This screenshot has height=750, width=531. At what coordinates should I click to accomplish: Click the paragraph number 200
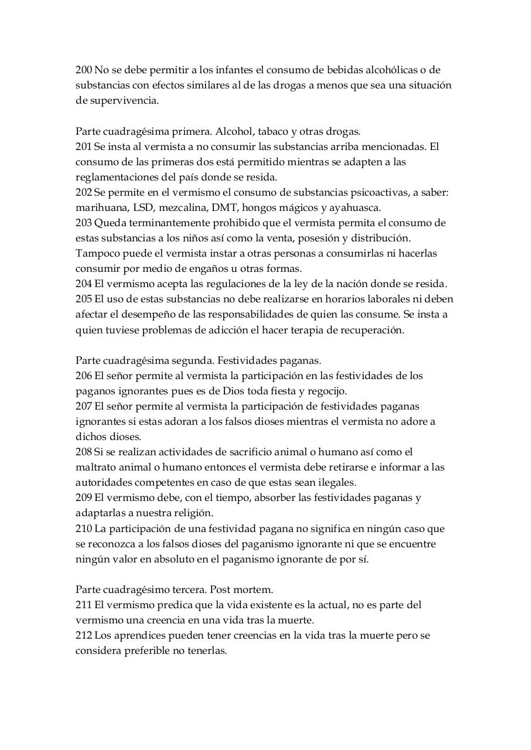point(83,70)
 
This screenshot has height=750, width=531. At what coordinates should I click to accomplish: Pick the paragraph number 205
point(83,299)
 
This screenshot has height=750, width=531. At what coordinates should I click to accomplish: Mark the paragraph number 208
point(83,452)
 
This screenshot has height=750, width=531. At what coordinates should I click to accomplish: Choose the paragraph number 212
point(83,635)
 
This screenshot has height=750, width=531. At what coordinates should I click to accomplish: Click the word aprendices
point(138,635)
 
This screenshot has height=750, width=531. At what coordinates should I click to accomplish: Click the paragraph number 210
point(83,529)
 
